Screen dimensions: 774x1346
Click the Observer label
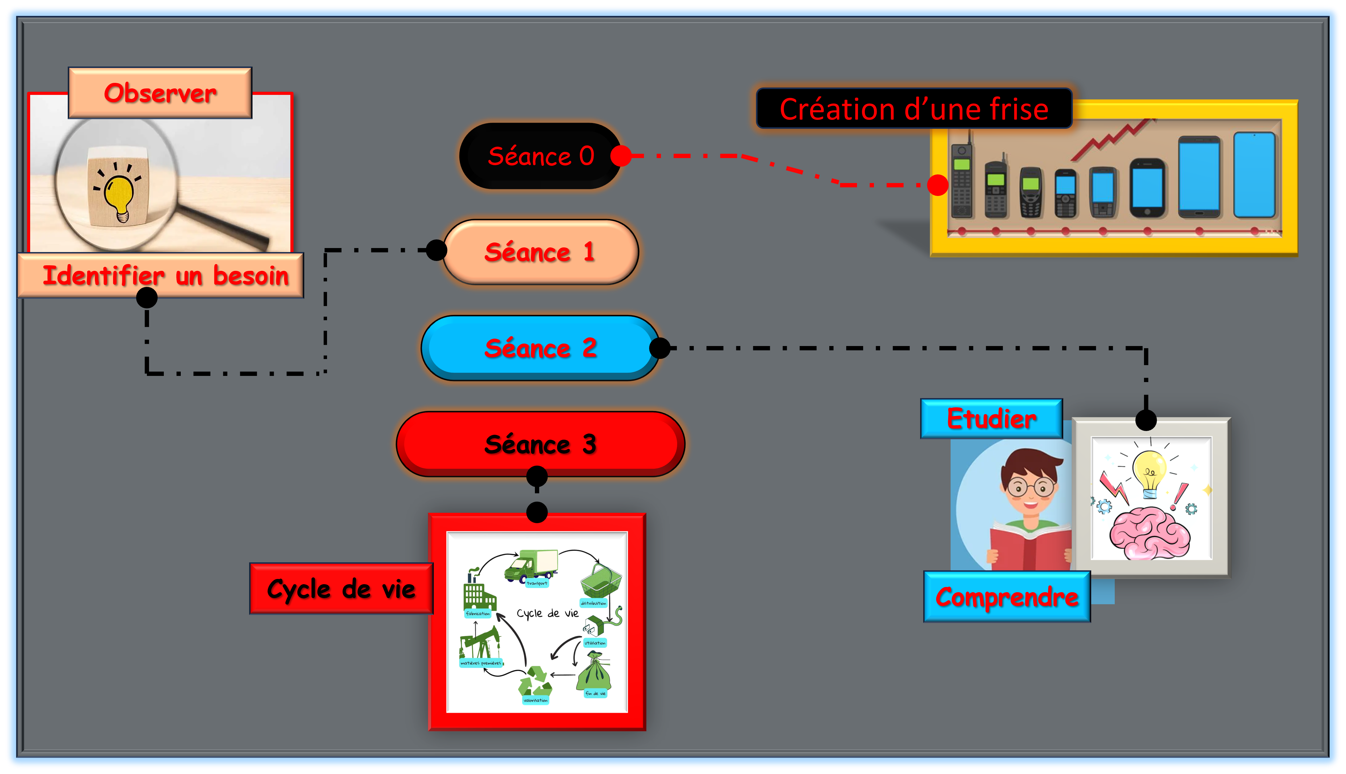(160, 93)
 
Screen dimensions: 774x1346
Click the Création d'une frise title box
(914, 109)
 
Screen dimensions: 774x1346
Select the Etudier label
(991, 419)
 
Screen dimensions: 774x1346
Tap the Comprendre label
(1007, 597)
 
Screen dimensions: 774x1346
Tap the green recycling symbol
(536, 682)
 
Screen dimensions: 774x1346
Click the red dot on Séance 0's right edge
(621, 156)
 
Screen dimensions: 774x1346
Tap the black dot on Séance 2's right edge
(660, 348)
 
